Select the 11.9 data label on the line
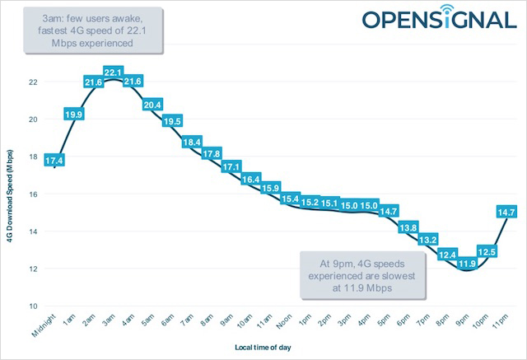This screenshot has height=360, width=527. tap(467, 263)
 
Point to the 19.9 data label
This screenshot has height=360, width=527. tap(72, 114)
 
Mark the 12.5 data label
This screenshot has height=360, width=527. tap(487, 251)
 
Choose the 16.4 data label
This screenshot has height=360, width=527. tap(250, 179)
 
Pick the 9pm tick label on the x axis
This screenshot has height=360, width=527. tap(464, 319)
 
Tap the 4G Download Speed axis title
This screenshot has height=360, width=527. tap(12, 194)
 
